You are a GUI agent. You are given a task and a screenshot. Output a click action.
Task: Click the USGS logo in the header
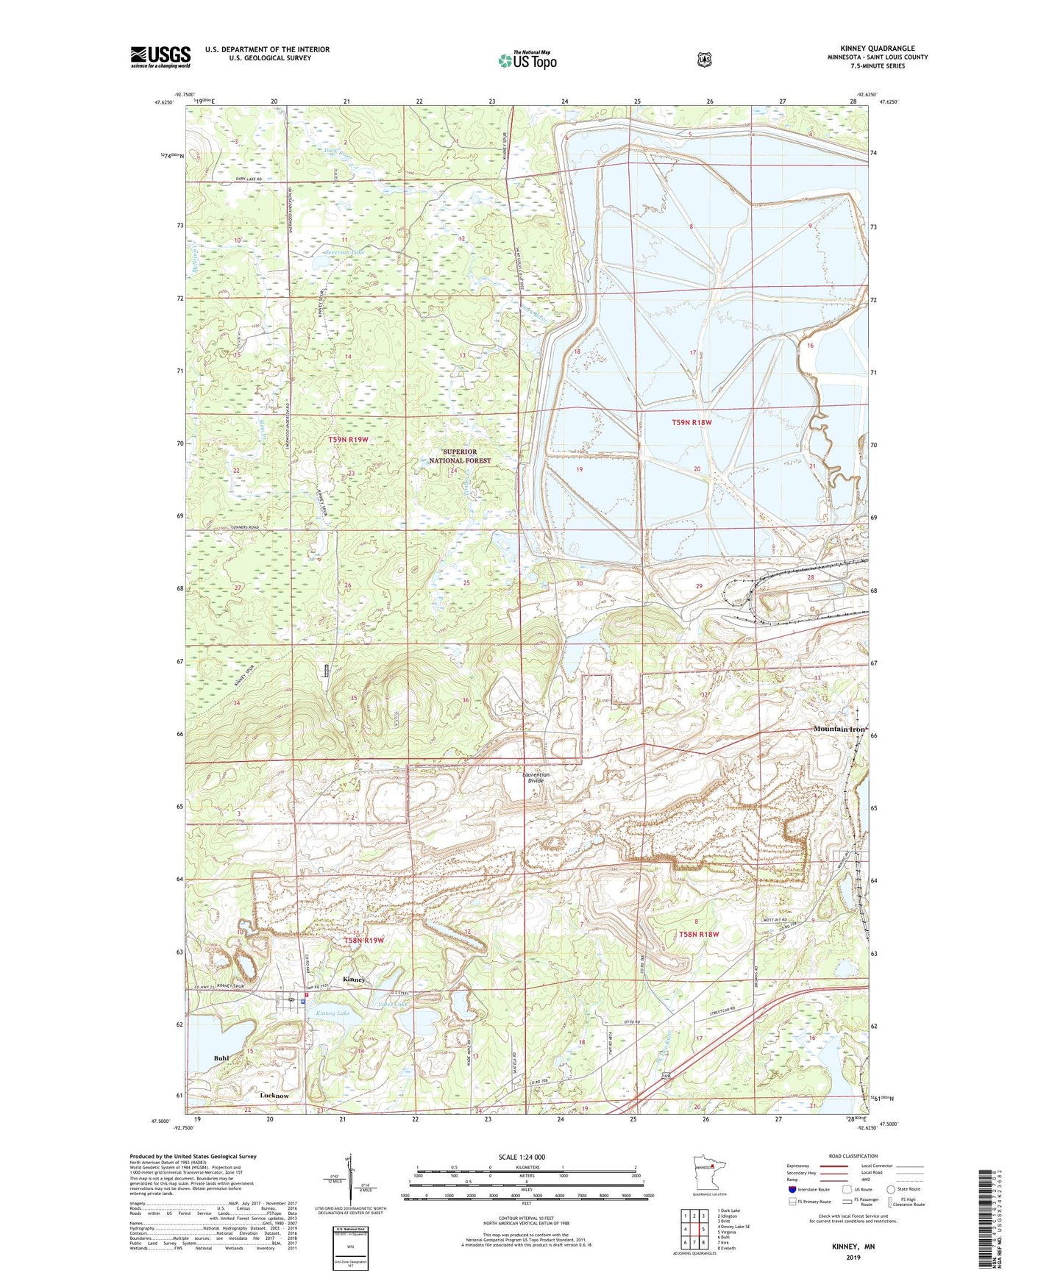tap(160, 57)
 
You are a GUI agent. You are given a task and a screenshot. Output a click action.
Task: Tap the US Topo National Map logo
tap(527, 60)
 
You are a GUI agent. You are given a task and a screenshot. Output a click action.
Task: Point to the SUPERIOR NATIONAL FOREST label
tap(460, 456)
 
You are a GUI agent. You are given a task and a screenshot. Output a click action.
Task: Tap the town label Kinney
tap(354, 980)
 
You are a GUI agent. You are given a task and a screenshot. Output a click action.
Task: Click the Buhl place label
tap(221, 1058)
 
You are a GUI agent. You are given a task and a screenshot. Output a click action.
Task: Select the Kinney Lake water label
tap(333, 1013)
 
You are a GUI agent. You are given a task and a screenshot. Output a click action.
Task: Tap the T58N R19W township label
tap(364, 941)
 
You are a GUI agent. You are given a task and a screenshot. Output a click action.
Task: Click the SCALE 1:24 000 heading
tap(522, 1157)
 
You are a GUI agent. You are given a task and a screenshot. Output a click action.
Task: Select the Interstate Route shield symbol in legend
tap(792, 1188)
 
